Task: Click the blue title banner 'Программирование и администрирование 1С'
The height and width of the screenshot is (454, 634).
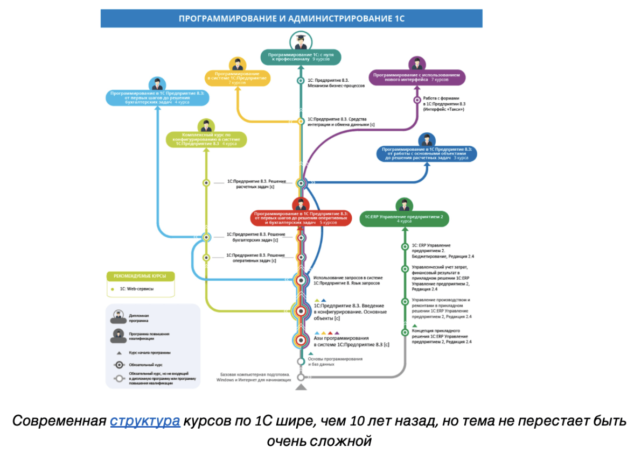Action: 291,18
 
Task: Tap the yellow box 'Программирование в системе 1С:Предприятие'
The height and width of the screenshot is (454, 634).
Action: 238,78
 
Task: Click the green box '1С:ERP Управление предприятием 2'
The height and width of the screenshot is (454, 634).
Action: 404,218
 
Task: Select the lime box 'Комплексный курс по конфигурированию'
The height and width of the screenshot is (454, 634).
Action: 206,139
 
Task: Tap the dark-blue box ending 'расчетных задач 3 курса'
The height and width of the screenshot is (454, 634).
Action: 427,153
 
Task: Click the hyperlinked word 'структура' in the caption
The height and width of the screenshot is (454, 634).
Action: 145,421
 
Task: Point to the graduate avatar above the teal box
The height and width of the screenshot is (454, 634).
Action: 301,40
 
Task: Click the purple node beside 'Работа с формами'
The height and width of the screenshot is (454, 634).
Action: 417,100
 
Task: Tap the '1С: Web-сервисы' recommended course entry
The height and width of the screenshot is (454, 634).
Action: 136,289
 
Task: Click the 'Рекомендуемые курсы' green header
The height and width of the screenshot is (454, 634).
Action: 140,276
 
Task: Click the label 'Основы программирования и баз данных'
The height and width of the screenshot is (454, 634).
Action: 335,361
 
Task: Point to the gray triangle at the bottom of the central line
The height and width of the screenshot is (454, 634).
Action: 301,386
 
